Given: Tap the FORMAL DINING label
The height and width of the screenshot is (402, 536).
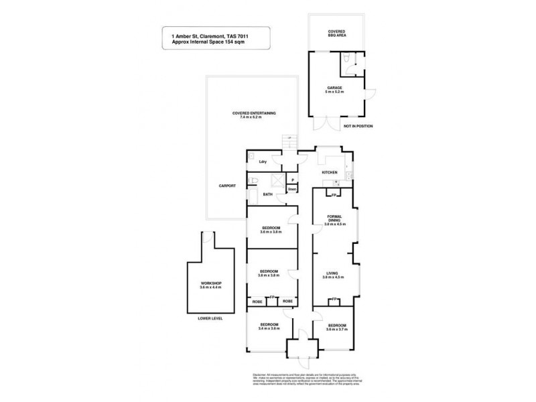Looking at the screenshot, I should tap(334, 219).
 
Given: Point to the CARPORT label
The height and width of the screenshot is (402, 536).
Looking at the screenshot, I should tap(226, 186).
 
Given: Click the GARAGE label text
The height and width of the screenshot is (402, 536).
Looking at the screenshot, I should tap(334, 87).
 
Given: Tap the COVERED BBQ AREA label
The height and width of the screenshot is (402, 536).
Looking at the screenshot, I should tap(336, 33).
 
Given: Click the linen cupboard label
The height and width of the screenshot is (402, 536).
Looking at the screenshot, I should tap(293, 190).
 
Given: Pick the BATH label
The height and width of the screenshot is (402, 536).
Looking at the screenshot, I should tap(267, 195).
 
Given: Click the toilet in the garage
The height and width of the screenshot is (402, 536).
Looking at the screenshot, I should tap(344, 61).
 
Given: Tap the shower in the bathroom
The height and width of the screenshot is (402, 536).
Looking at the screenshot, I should tap(275, 180).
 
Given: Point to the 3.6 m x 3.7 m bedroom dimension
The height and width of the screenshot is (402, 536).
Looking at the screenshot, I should tap(337, 329).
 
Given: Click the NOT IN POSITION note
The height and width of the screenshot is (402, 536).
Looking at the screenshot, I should tap(358, 126).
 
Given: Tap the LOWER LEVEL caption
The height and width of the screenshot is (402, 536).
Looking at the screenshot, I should tap(210, 318).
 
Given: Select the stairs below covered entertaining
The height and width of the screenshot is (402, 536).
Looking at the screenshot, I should tap(289, 141).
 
